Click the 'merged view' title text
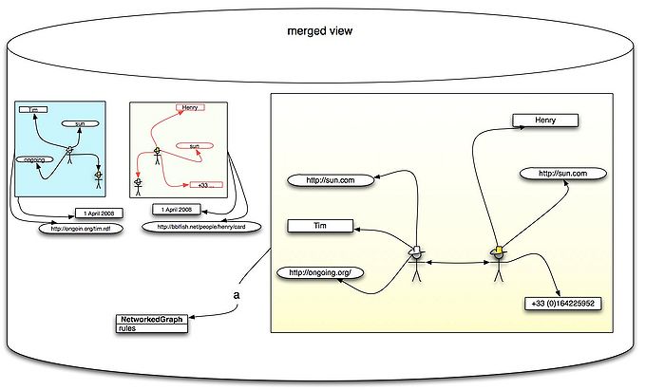(x=321, y=31)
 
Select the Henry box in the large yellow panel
(x=545, y=121)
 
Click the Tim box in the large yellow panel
(x=319, y=226)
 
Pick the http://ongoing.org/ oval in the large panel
(x=320, y=273)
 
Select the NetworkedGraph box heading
(x=150, y=319)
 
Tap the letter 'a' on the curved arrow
(x=237, y=295)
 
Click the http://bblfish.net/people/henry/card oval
(x=200, y=228)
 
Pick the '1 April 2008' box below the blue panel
(x=99, y=212)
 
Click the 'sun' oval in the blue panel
(x=80, y=124)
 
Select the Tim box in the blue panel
(x=33, y=109)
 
